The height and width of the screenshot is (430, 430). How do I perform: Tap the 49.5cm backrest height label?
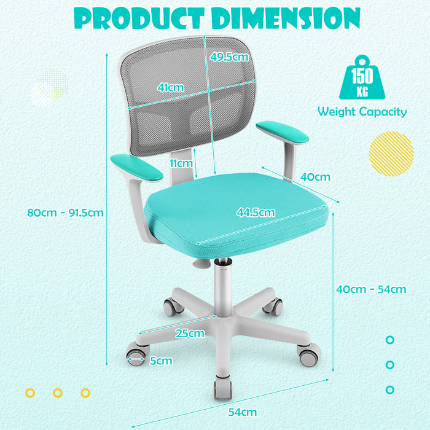click(229, 57)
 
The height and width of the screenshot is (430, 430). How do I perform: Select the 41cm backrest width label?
click(170, 87)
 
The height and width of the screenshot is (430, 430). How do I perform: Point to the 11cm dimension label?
click(181, 163)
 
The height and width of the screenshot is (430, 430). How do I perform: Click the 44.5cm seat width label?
click(256, 213)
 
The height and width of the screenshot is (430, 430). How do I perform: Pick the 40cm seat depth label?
click(315, 177)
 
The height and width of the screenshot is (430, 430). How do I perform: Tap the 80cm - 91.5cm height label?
click(65, 213)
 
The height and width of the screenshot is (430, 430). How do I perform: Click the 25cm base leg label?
click(189, 334)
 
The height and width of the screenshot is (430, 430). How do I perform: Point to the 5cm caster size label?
click(161, 361)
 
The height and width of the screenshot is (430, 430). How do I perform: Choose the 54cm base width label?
click(243, 412)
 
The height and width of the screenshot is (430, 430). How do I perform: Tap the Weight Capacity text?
click(362, 112)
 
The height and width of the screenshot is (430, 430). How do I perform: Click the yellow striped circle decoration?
click(391, 154)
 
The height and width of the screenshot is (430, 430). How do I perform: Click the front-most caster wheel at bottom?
click(223, 386)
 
